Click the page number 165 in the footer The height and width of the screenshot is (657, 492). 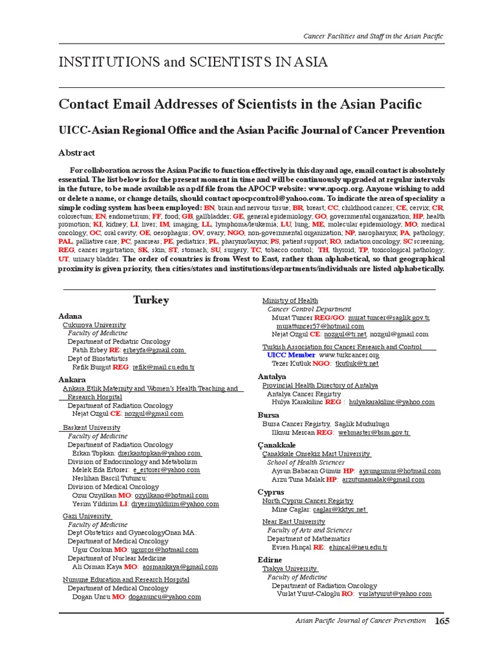(x=442, y=620)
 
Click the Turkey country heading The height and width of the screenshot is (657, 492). (x=151, y=300)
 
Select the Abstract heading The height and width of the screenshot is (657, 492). (x=77, y=153)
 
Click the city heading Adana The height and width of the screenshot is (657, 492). (x=71, y=316)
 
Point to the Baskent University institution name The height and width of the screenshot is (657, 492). (x=92, y=427)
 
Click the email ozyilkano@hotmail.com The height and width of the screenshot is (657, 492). (x=172, y=495)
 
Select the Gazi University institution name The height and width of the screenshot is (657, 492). (x=87, y=516)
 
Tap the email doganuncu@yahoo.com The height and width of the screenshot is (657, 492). (x=165, y=597)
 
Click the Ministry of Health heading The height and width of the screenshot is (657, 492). (x=290, y=300)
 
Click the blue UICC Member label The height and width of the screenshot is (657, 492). (x=291, y=355)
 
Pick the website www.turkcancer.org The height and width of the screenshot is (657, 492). (x=349, y=355)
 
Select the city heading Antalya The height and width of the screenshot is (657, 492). (x=272, y=377)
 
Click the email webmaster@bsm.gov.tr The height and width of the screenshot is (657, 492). (x=373, y=432)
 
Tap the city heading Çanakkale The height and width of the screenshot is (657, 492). (x=277, y=445)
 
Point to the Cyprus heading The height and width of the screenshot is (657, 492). (x=271, y=492)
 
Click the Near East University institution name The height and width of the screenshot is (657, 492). (x=293, y=522)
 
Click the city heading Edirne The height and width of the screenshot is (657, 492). (x=270, y=560)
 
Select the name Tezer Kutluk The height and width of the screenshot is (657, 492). (x=288, y=363)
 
